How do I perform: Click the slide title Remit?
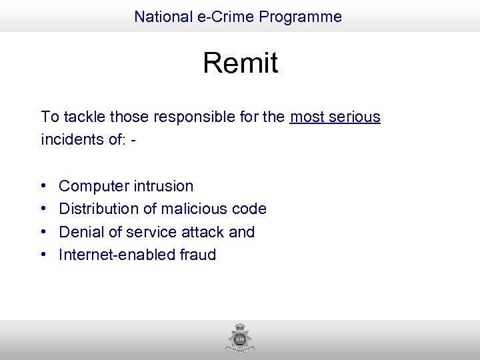point(240,63)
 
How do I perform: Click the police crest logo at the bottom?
point(240,339)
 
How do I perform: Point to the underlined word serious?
point(354,117)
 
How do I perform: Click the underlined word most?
point(307,117)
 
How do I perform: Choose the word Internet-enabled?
point(117,255)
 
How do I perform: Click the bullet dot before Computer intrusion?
point(43,187)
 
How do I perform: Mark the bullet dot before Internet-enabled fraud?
point(43,255)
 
